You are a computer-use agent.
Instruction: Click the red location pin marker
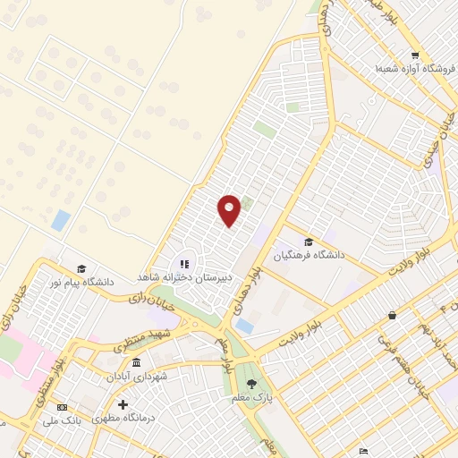(229, 209)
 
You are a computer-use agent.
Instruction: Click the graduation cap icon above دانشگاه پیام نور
(81, 268)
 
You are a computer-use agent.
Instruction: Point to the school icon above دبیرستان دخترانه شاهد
(184, 264)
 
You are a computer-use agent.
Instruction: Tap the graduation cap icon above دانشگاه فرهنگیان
(309, 242)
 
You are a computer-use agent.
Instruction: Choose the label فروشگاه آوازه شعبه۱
(409, 68)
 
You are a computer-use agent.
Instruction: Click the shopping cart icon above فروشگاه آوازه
(415, 55)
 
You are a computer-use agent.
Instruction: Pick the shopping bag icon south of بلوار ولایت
(392, 315)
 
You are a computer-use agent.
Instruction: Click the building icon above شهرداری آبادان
(135, 363)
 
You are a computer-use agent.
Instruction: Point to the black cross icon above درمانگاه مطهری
(123, 405)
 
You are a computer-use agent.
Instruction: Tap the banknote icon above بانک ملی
(76, 405)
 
